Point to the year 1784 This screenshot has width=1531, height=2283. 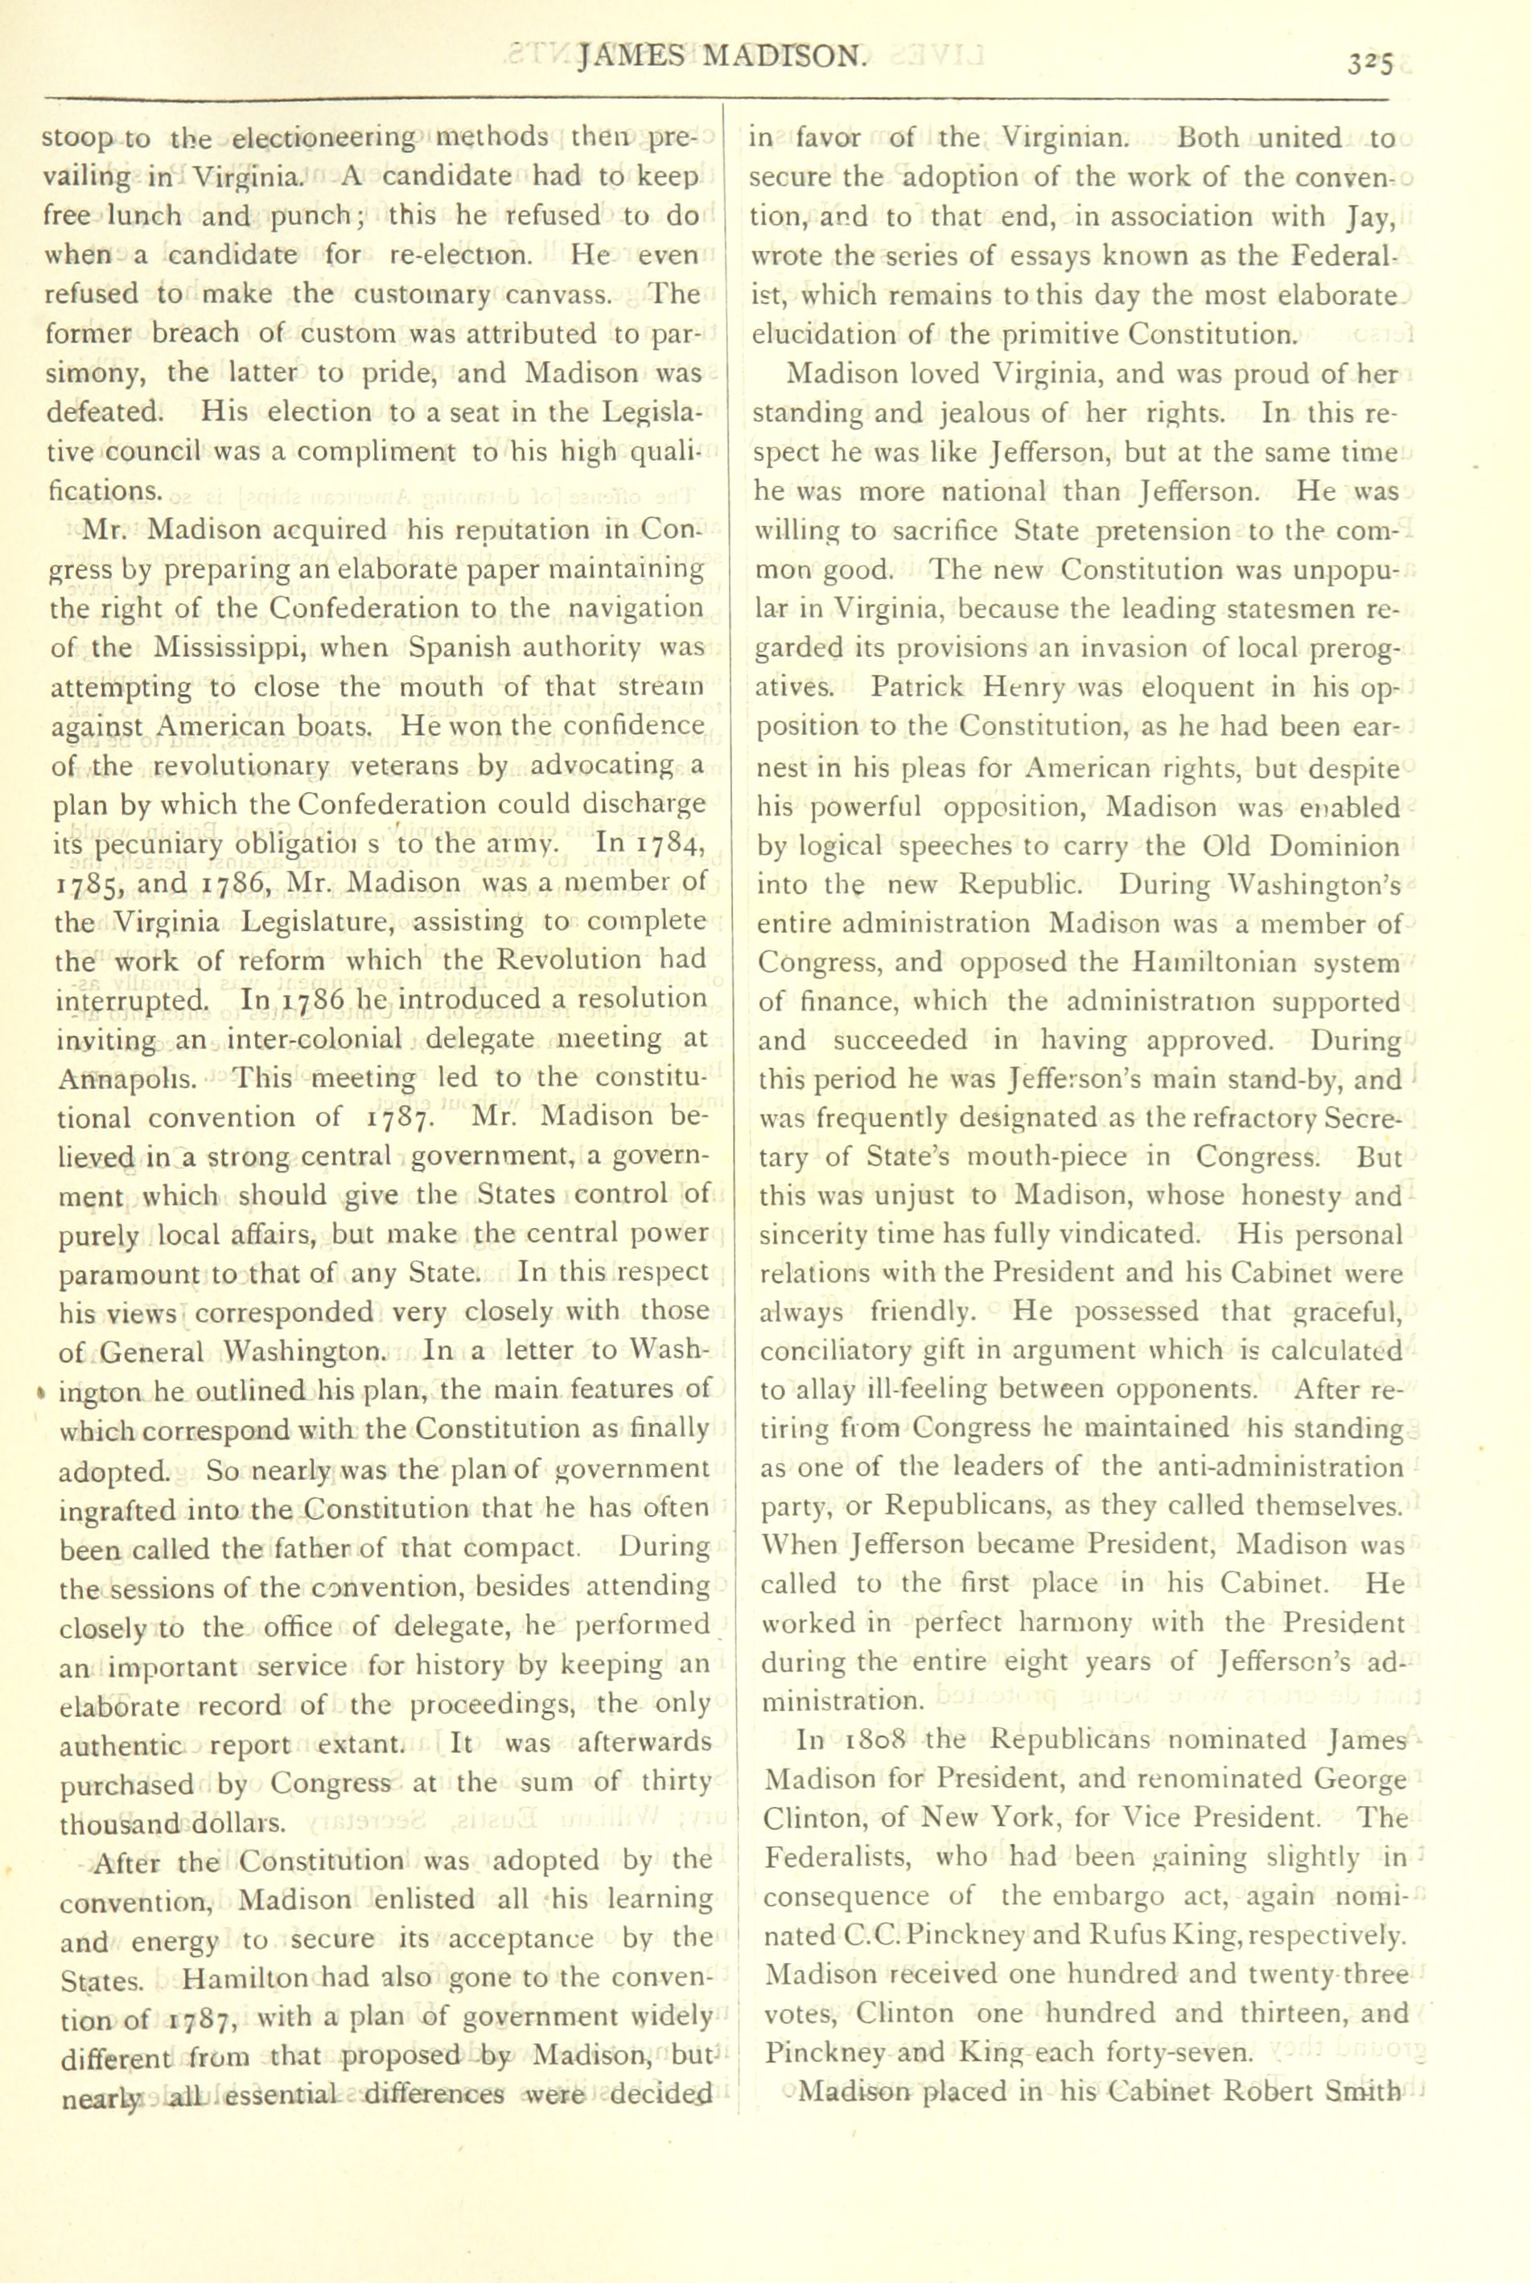(x=659, y=844)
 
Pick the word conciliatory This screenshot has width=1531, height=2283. (x=841, y=1352)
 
